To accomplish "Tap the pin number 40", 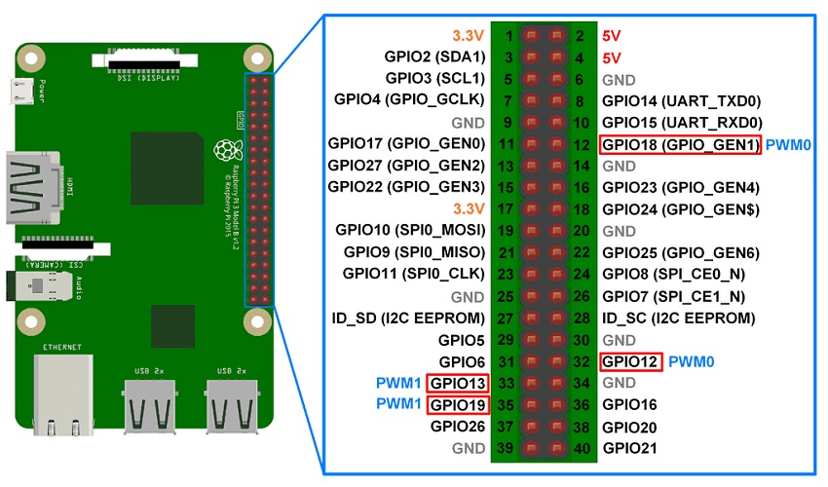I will click(x=580, y=448).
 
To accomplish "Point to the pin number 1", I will click(x=508, y=36).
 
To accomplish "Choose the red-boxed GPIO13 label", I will click(x=457, y=383).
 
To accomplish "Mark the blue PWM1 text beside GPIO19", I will click(x=399, y=404).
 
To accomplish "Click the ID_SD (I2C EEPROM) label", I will click(x=406, y=318).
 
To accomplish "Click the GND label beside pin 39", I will click(x=468, y=448).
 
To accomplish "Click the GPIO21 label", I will click(x=629, y=448).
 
